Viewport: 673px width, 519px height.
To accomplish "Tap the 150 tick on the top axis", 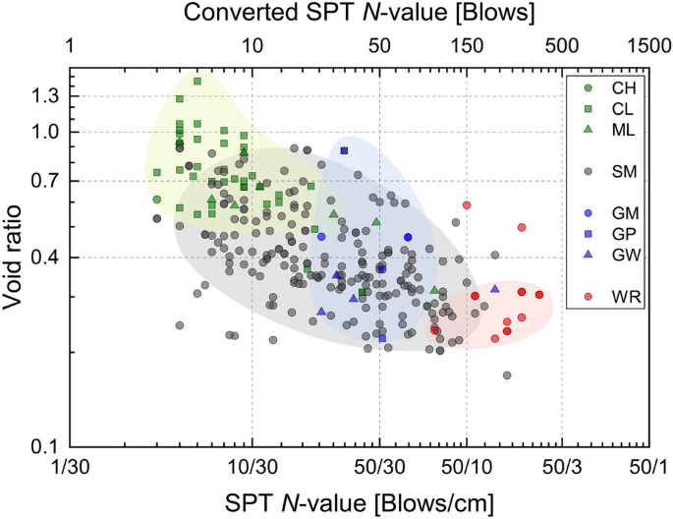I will point(467,47).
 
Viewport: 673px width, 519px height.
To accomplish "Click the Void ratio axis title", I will point(16,258).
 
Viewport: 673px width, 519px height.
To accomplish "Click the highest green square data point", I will point(197,82).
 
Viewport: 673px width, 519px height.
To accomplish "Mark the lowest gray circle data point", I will point(507,375).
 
